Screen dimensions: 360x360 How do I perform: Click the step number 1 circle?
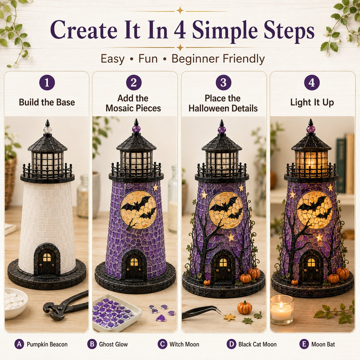coord(47,82)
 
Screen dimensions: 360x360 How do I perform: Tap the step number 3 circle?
coord(223,82)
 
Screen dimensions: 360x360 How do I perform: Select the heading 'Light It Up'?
coord(312,102)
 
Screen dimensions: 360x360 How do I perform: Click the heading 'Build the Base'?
coord(47,102)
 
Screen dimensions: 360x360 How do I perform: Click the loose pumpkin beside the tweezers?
coord(245,307)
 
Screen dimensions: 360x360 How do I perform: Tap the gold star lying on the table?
coord(229,317)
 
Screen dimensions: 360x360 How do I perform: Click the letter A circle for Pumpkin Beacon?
coord(19,344)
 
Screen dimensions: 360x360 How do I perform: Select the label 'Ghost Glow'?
coord(113,344)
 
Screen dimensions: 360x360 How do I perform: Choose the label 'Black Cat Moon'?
coord(258,344)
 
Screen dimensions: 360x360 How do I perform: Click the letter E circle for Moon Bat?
coord(304,344)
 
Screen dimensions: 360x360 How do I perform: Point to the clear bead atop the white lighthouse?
coord(47,130)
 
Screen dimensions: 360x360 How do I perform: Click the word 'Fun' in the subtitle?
coord(148,59)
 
